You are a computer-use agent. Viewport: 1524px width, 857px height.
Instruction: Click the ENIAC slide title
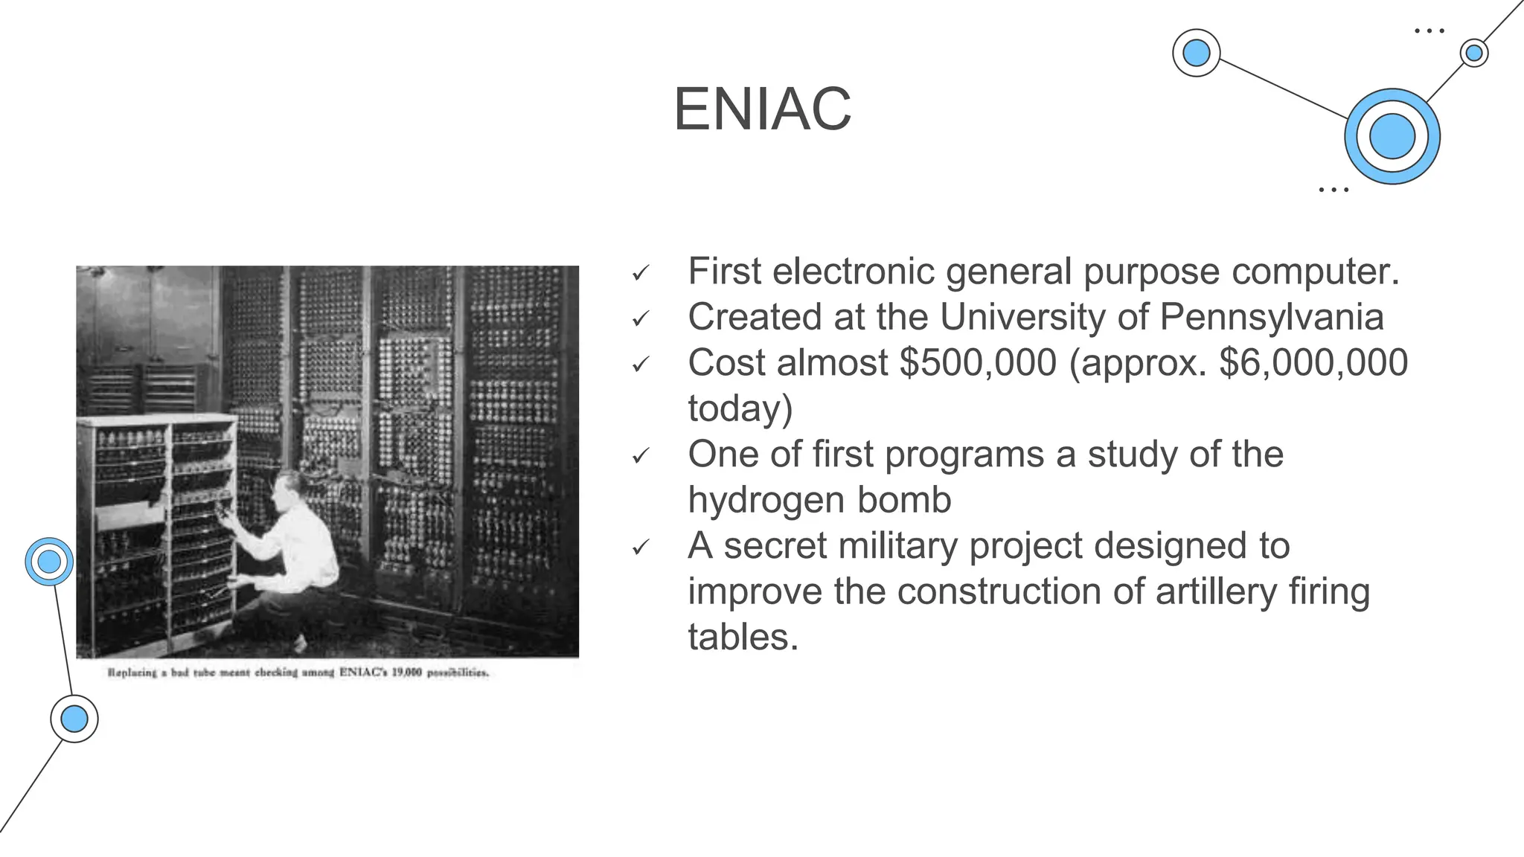coord(762,109)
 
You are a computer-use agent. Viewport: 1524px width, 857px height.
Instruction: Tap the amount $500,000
coord(977,363)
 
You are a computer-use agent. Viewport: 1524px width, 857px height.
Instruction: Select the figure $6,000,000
coord(1313,363)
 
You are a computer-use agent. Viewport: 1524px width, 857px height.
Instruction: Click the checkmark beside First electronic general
coord(640,274)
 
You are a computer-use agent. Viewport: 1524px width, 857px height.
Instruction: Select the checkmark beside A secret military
coord(640,548)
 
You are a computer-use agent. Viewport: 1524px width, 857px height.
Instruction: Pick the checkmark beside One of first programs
coord(640,457)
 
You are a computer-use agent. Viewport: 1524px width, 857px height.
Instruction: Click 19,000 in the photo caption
coord(406,673)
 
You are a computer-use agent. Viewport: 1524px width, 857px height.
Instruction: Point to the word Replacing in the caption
coord(132,673)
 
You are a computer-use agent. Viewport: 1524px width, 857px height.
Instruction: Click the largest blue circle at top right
coord(1392,137)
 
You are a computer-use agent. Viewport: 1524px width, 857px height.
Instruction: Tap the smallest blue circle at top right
coord(1473,54)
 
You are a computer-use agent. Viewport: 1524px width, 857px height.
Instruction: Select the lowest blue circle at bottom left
coord(74,719)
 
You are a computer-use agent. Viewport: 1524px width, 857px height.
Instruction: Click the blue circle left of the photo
coord(49,562)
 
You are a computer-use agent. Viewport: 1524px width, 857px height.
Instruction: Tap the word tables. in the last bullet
coord(743,638)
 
